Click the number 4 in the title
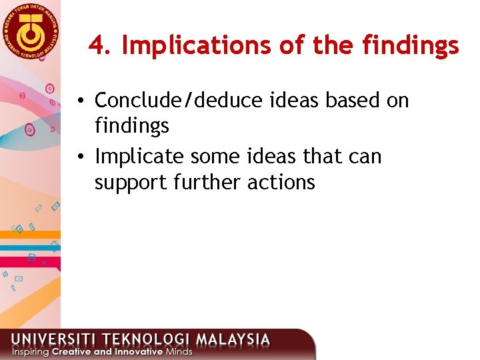[98, 45]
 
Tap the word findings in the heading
[411, 45]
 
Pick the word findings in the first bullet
[132, 125]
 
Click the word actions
[281, 182]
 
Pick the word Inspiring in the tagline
[29, 351]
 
